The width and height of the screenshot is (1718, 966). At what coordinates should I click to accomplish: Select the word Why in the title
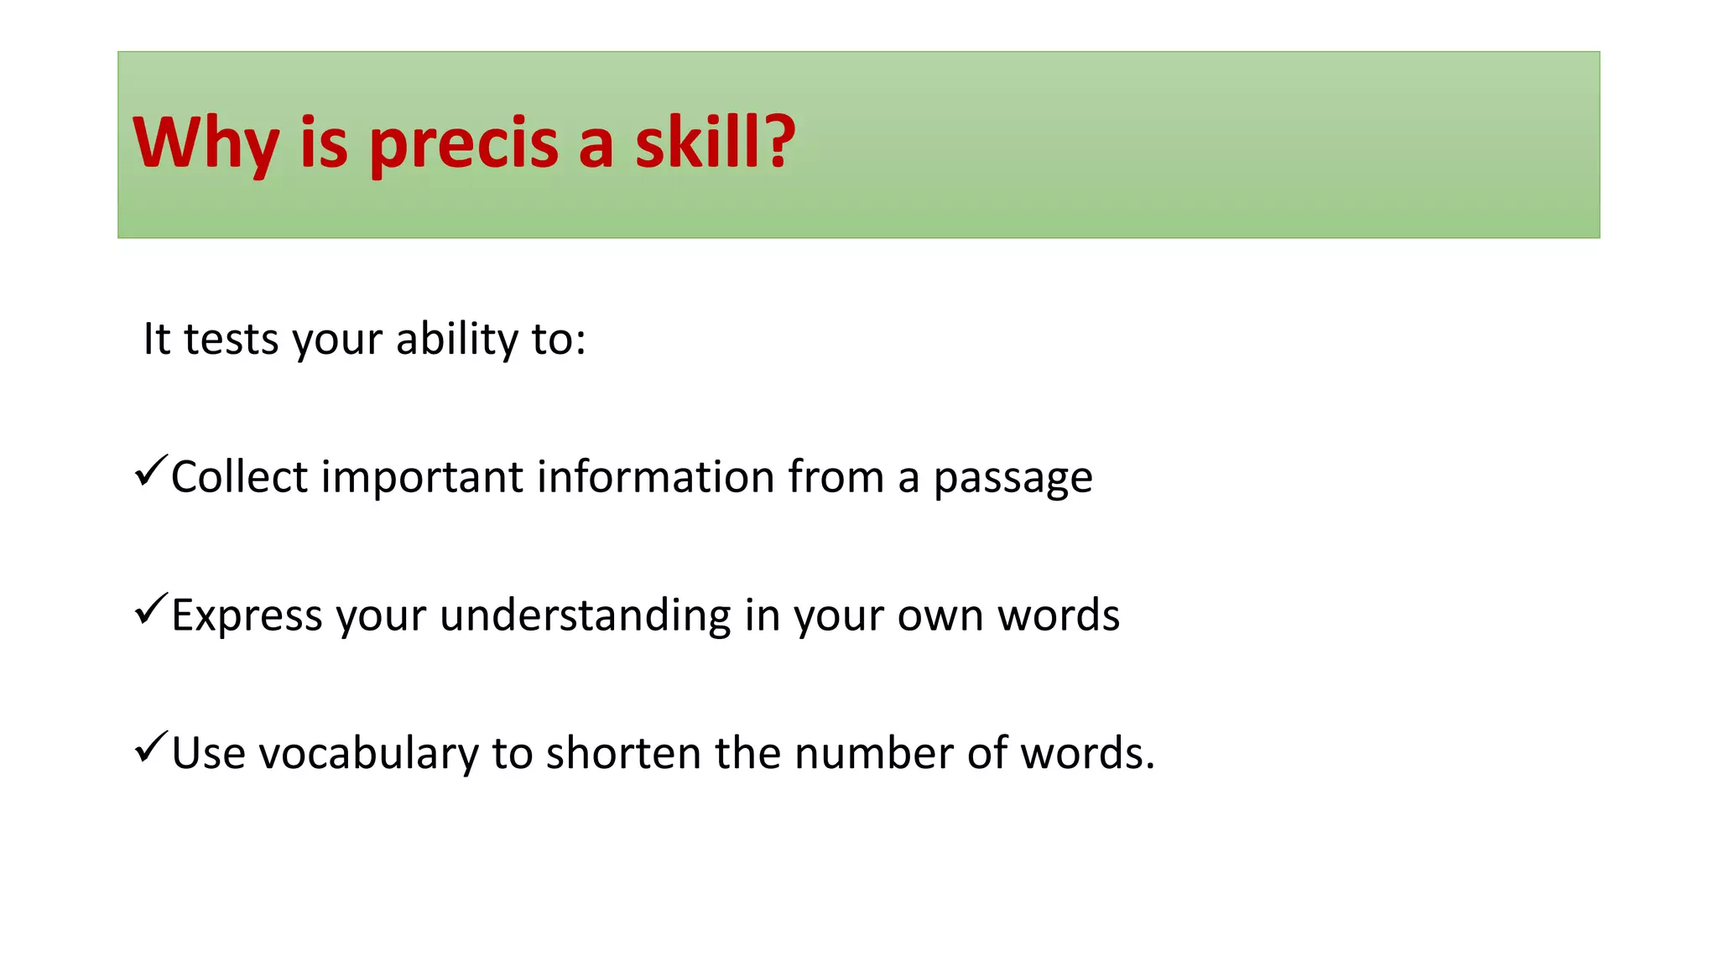[x=206, y=143]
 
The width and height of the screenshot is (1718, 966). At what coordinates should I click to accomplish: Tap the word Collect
[x=240, y=477]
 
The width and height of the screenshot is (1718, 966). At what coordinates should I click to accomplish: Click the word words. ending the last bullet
[x=1087, y=753]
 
